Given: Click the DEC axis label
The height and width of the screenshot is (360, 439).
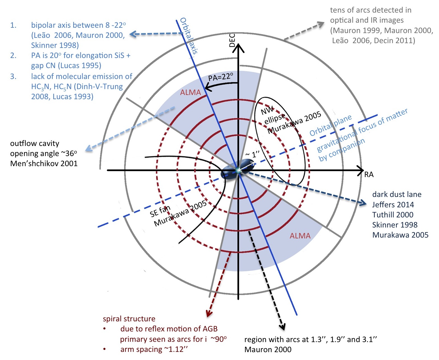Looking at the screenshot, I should (232, 40).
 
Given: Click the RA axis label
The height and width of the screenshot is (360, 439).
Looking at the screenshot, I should (369, 175).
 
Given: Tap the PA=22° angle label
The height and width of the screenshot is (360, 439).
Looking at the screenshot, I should (221, 77).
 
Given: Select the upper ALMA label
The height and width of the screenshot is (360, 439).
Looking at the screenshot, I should (190, 92).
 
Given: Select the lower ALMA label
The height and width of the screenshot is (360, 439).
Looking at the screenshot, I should (300, 236).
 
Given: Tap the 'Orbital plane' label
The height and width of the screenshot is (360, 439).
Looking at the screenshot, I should (331, 126).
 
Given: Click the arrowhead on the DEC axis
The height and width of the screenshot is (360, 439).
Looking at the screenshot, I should (238, 48).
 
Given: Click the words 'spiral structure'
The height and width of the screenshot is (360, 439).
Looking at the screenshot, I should (129, 319).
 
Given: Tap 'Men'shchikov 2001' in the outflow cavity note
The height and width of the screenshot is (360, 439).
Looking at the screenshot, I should (44, 164).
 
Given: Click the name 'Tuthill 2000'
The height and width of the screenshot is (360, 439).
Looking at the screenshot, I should (392, 215).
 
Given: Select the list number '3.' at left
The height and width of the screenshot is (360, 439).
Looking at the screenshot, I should (13, 76).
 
